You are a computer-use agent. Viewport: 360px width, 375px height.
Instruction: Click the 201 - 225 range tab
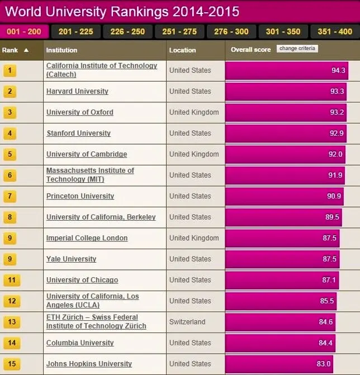point(76,31)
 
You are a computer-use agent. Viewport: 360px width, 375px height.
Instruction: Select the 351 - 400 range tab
point(335,31)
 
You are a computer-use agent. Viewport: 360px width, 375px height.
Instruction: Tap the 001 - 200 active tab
point(24,31)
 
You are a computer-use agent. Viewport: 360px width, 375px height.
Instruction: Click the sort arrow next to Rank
point(26,50)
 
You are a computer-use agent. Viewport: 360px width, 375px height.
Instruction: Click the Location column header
point(182,50)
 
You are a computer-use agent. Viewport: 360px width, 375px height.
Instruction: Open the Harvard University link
point(77,91)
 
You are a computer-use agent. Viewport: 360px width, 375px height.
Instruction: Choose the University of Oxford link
point(80,112)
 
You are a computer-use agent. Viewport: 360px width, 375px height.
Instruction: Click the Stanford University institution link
point(79,133)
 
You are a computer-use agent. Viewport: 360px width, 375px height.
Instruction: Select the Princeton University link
point(80,196)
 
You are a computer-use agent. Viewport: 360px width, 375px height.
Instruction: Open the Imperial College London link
point(87,238)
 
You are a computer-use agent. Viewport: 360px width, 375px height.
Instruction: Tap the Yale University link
point(72,259)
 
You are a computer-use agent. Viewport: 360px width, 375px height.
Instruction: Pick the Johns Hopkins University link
point(89,364)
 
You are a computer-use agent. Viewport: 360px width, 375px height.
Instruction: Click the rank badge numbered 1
point(10,70)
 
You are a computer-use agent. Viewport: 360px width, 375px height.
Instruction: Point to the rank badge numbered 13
point(12,322)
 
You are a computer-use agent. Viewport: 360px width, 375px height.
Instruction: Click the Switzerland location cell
point(187,322)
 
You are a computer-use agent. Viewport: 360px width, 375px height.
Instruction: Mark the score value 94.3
point(338,70)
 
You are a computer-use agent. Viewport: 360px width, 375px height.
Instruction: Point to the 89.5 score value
point(332,217)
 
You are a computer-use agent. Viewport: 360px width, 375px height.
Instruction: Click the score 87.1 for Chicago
point(329,280)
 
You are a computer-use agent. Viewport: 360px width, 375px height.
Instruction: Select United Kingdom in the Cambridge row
point(194,154)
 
